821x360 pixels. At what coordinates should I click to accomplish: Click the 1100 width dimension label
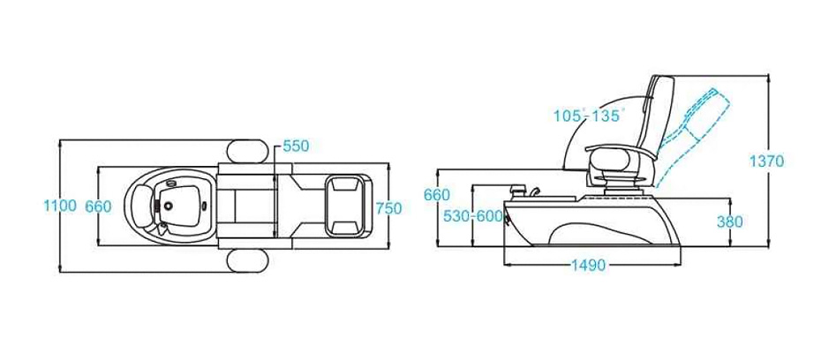pos(59,206)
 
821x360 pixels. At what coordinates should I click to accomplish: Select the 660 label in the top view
pos(98,206)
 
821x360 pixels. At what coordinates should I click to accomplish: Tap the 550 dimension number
pos(296,146)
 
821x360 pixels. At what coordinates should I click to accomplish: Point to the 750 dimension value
pos(388,208)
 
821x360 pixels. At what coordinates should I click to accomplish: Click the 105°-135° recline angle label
pos(589,116)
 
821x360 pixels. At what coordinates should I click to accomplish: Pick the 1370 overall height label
pos(766,161)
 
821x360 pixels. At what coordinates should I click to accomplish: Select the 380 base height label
pos(729,221)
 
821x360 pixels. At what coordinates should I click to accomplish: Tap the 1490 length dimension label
pos(588,266)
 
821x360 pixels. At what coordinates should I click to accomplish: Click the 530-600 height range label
pos(473,216)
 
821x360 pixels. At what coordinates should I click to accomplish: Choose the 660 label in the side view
pos(437,195)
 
